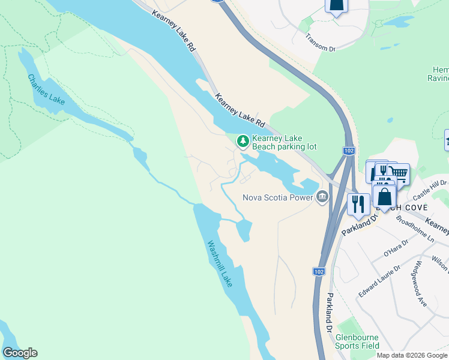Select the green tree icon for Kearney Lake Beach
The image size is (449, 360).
[243, 141]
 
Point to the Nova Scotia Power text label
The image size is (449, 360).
[277, 197]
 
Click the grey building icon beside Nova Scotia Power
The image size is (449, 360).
[322, 197]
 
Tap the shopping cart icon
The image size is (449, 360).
[399, 174]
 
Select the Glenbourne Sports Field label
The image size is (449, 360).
[357, 341]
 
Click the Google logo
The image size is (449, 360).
[20, 353]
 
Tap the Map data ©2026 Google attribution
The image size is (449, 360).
[412, 355]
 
